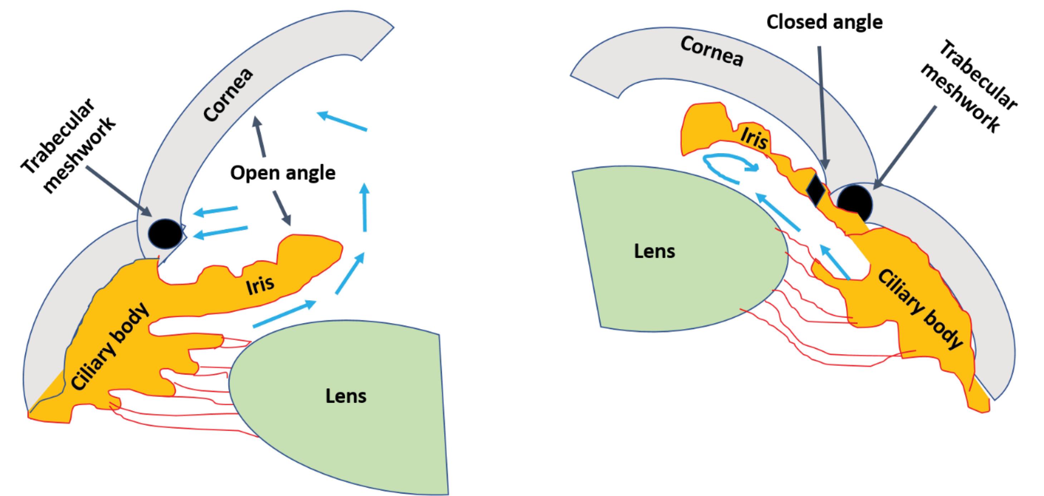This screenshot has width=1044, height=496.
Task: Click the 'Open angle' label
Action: pyautogui.click(x=283, y=173)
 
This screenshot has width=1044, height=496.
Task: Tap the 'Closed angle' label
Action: pyautogui.click(x=824, y=22)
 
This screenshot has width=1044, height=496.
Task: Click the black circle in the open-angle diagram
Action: pyautogui.click(x=165, y=234)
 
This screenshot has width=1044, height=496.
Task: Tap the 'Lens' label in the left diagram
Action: pyautogui.click(x=346, y=396)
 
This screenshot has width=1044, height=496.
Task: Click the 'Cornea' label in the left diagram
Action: pyautogui.click(x=229, y=95)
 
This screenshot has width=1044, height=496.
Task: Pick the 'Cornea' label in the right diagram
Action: pyautogui.click(x=712, y=52)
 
